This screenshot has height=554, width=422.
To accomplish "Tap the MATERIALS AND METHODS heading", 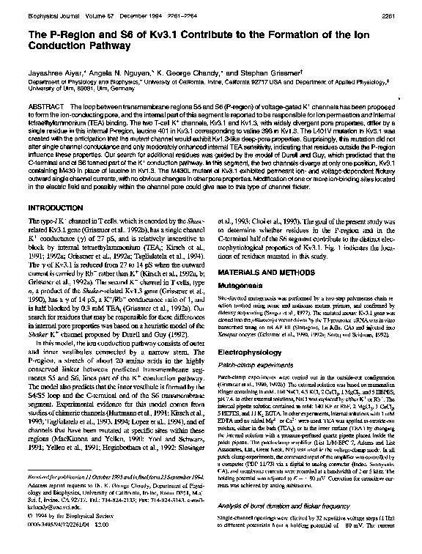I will point(266,272).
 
